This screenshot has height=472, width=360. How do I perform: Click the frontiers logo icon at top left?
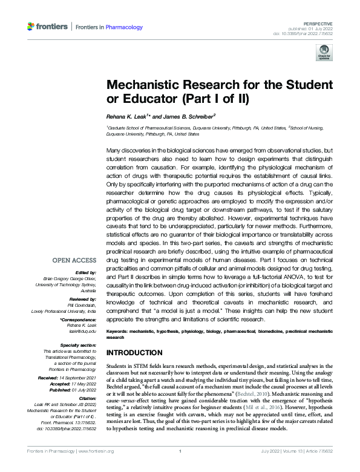[31, 27]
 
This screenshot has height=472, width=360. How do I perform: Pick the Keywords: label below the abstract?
[118, 332]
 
